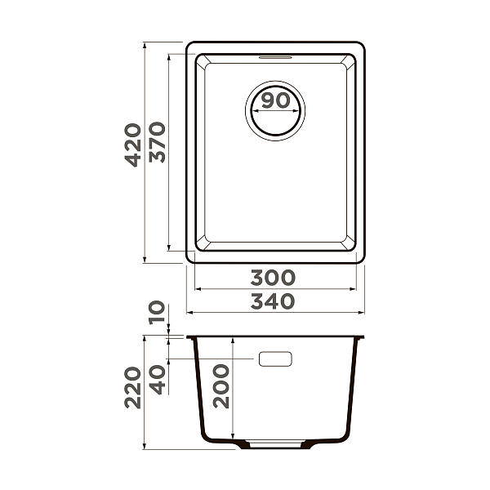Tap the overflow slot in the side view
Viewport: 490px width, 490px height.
tap(275, 359)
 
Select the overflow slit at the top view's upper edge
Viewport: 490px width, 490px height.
tap(275, 58)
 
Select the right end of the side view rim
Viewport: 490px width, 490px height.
tap(363, 336)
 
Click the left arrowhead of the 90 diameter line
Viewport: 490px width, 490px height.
tap(252, 112)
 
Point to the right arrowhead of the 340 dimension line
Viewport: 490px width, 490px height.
tap(362, 312)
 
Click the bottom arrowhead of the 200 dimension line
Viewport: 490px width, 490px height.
tap(234, 442)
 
